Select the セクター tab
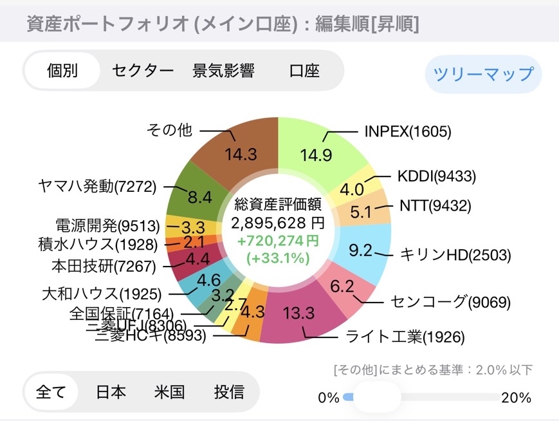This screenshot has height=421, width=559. point(143,70)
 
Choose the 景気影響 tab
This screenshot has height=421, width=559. point(223,70)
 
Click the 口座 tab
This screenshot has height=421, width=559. point(304,70)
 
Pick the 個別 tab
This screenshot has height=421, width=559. point(62,70)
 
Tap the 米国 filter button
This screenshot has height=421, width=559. point(169,391)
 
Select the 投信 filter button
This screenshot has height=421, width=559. point(229,391)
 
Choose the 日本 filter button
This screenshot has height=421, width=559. point(111,391)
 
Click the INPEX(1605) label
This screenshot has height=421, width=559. point(408,131)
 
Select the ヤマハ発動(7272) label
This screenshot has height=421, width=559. point(97,187)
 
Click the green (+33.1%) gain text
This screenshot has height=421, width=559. point(278,258)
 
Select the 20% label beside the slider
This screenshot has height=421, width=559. point(516,397)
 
